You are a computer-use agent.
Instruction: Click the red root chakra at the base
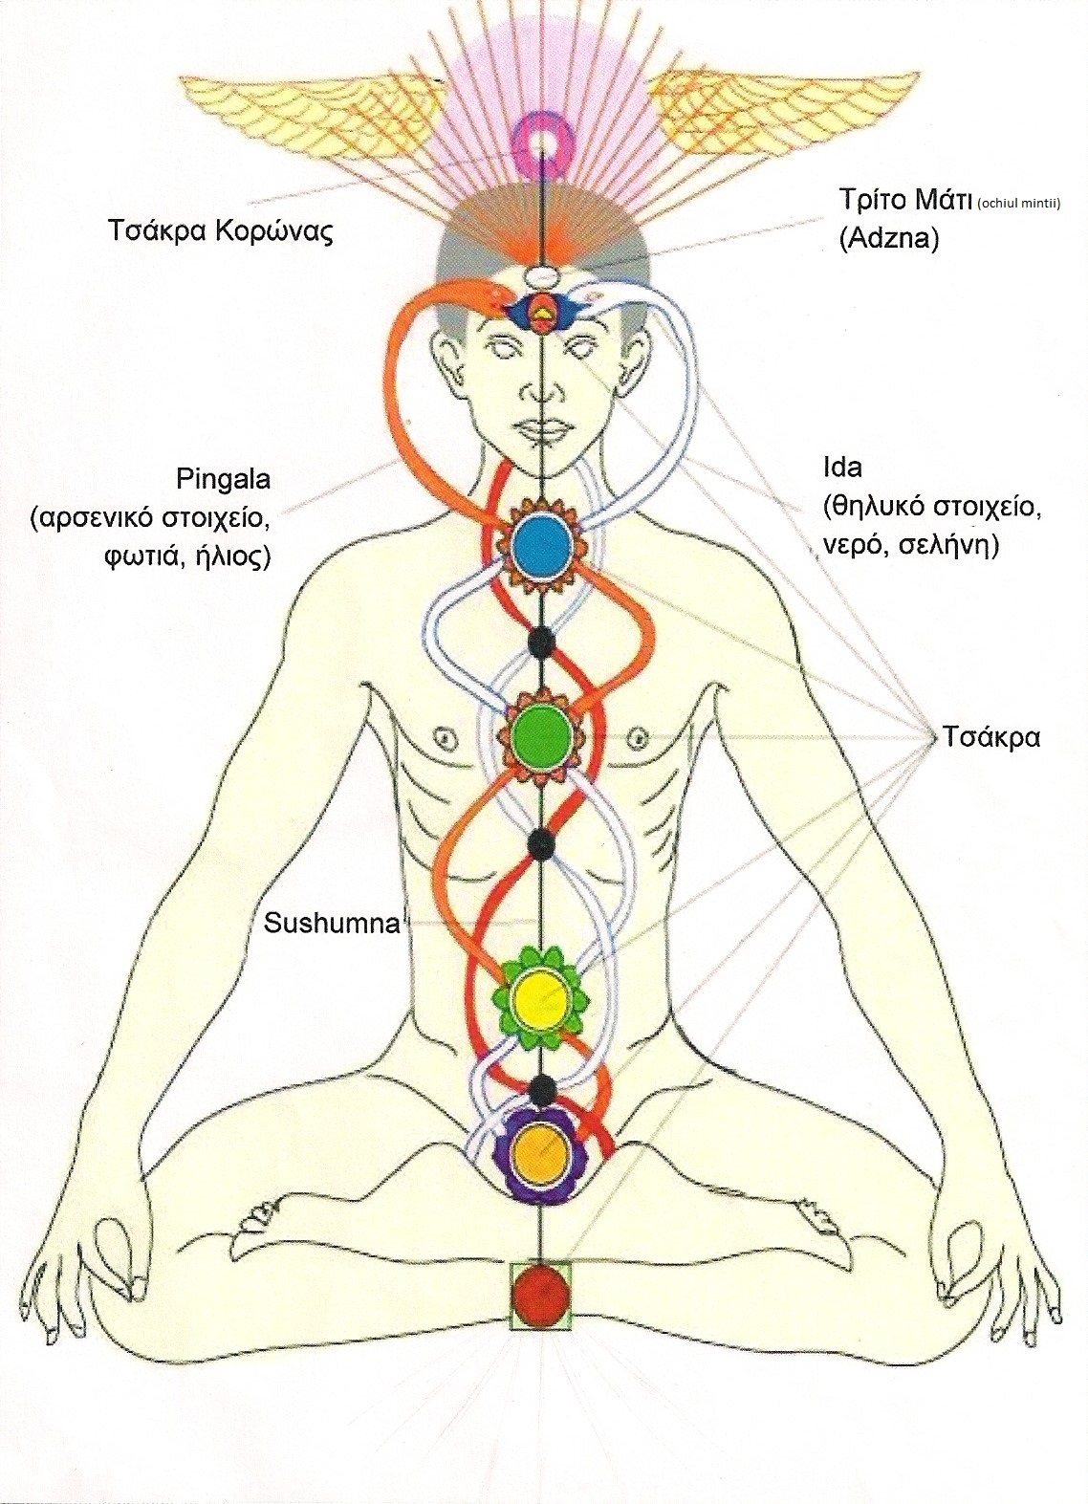point(541,1295)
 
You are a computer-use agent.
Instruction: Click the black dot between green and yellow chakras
point(542,842)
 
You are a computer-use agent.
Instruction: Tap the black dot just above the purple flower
point(542,1088)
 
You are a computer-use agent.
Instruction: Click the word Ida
point(842,469)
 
